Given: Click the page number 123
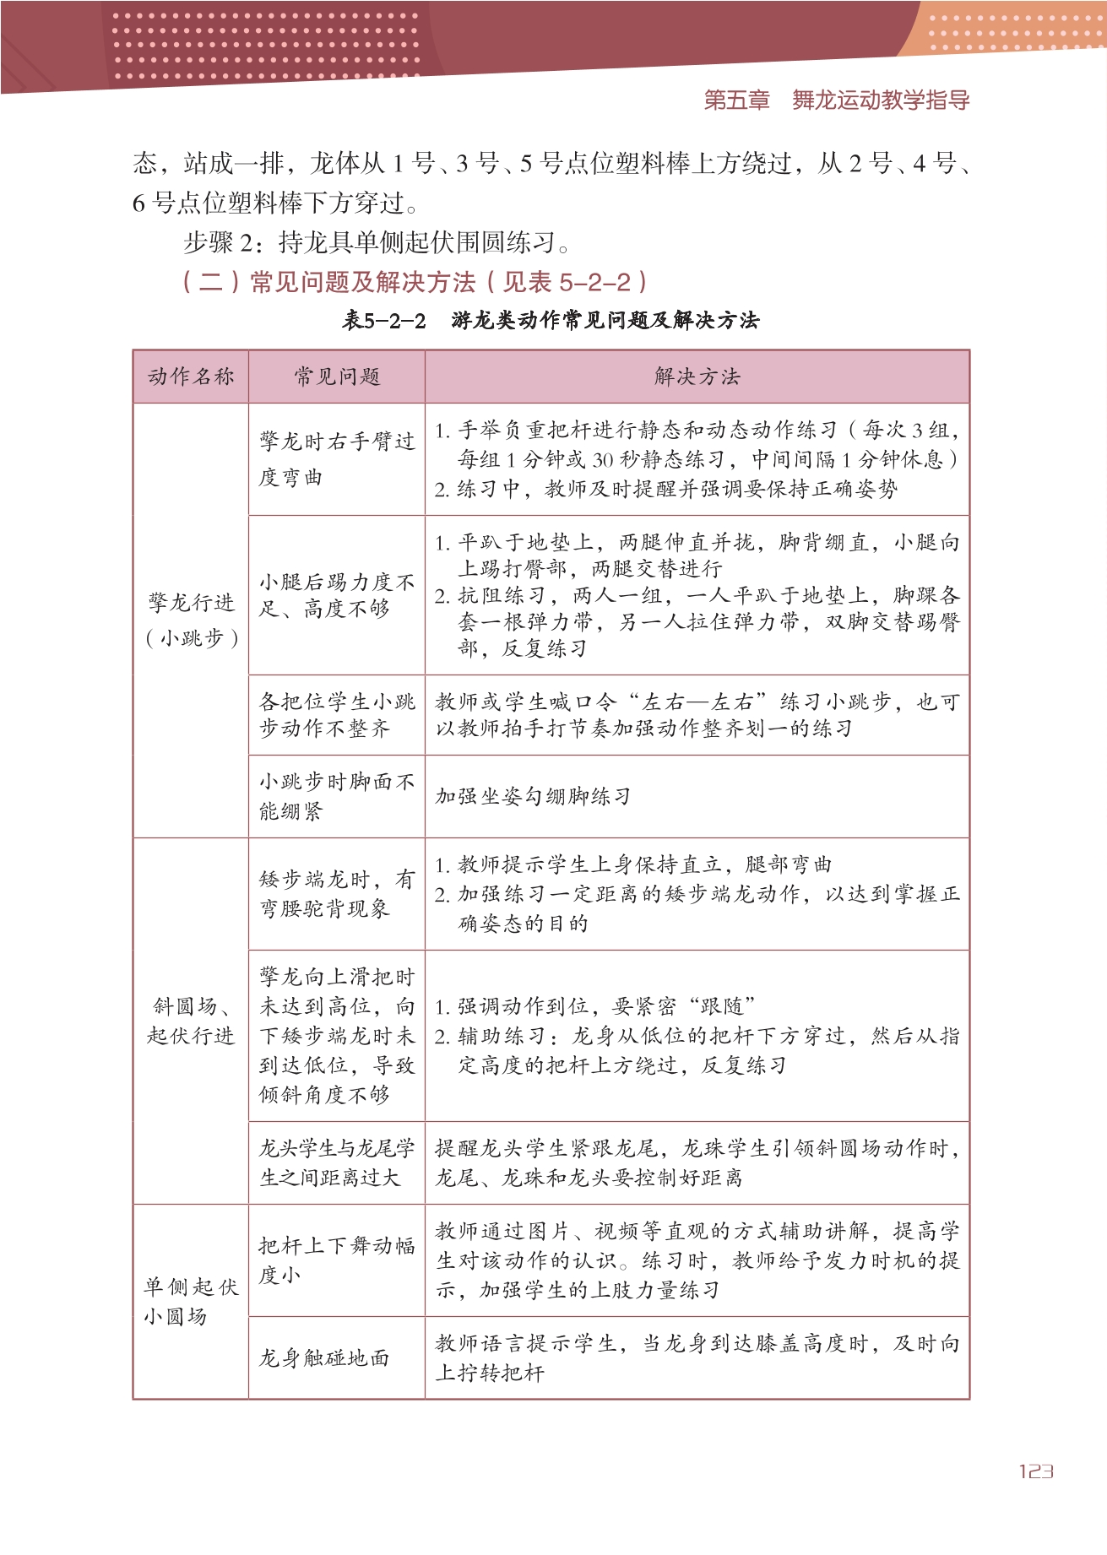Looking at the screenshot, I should click(x=1035, y=1471).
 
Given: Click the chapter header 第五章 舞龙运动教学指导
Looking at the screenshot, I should click(x=836, y=100).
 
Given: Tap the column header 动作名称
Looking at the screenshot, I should click(x=191, y=377).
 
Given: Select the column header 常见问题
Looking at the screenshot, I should click(x=337, y=377).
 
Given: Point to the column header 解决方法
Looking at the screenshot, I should click(x=697, y=377).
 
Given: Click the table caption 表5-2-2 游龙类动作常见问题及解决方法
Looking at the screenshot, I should click(x=551, y=321).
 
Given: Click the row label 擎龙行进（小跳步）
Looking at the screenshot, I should click(x=192, y=620).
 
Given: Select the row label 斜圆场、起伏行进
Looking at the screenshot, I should click(x=191, y=1021).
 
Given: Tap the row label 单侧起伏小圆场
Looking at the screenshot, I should click(x=191, y=1301).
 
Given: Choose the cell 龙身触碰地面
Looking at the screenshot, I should click(x=324, y=1357).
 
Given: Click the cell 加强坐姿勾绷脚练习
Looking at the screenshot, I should click(x=533, y=796).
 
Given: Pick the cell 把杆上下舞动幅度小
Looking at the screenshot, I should click(x=336, y=1260).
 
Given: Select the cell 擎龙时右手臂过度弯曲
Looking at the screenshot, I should click(x=336, y=458).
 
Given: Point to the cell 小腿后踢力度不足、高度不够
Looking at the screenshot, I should click(x=336, y=595).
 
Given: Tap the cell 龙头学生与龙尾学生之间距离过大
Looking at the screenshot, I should click(x=336, y=1162).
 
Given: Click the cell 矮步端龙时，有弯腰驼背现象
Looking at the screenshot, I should click(x=336, y=894).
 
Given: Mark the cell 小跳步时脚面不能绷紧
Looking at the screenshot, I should click(x=336, y=796).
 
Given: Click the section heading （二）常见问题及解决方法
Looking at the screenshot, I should click(x=415, y=282).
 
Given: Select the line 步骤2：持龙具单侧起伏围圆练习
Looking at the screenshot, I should click(x=377, y=243).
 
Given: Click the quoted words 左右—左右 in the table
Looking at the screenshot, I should click(x=697, y=702).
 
